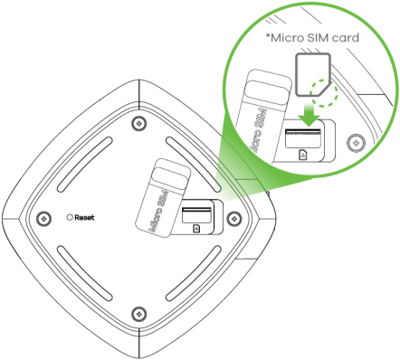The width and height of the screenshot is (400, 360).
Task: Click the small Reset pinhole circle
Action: coord(70,217)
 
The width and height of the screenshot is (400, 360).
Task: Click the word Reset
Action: coord(84,217)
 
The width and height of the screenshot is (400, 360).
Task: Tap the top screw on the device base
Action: coord(139,123)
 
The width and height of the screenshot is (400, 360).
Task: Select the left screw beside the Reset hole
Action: coord(43,218)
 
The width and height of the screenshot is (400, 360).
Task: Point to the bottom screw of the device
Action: coord(139,314)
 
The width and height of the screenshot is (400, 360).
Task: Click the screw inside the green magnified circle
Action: coord(356,142)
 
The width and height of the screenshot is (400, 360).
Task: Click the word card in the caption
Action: coord(346,38)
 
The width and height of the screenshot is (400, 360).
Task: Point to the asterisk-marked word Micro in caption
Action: coord(285,38)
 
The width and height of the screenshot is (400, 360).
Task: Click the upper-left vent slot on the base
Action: coord(85,165)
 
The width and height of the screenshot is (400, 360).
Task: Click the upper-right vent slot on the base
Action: coord(194,165)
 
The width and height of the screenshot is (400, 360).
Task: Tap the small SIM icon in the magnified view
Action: coord(303,155)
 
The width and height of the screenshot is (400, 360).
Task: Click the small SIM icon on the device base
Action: coord(196,228)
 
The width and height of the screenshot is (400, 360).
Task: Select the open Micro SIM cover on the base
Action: coord(163,197)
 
